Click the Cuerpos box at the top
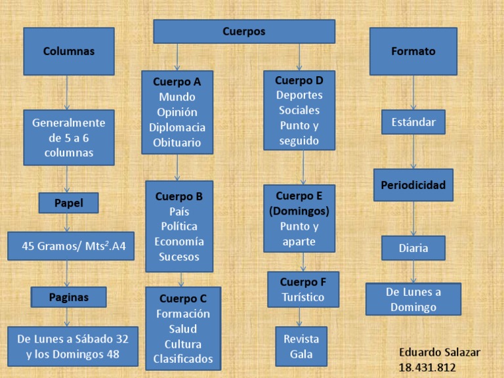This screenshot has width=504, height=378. tap(243, 31)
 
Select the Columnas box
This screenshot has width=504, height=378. tap(69, 51)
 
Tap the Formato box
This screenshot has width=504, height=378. tap(413, 51)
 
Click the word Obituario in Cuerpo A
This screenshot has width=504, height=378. tap(177, 142)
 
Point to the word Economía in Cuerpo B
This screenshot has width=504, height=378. tap(179, 241)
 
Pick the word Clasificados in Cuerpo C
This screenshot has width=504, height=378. tap(183, 359)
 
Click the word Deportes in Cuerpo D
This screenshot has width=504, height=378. tap(299, 95)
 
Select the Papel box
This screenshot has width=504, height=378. tap(69, 203)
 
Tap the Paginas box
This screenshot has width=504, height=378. tap(69, 297)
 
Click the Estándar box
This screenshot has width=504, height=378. tap(413, 122)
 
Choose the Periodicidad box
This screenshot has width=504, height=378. tap(413, 185)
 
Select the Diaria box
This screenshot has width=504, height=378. tap(413, 248)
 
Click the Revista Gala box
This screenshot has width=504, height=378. tap(301, 346)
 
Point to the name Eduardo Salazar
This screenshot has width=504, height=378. tap(440, 352)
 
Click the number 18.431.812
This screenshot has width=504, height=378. tap(427, 367)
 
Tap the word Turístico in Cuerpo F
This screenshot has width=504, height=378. tap(303, 297)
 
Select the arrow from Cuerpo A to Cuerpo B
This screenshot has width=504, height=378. tap(177, 167)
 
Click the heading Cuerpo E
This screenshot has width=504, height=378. tap(299, 196)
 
